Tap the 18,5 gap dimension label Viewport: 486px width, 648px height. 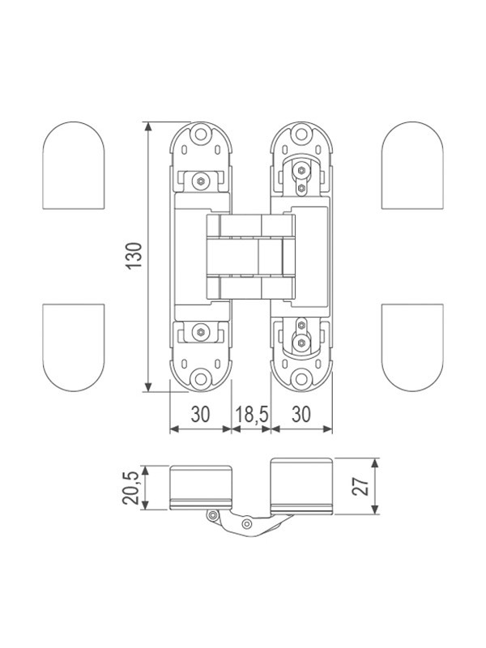pyautogui.click(x=252, y=414)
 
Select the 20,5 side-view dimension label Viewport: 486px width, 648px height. pyautogui.click(x=130, y=488)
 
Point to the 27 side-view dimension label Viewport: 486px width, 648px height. pyautogui.click(x=360, y=487)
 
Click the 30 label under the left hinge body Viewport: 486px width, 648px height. pyautogui.click(x=200, y=414)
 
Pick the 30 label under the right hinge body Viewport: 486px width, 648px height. pyautogui.click(x=301, y=414)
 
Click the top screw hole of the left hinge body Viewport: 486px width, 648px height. pyautogui.click(x=201, y=134)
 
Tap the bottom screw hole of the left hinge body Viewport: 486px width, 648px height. pyautogui.click(x=201, y=377)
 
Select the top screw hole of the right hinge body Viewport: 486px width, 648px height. pyautogui.click(x=301, y=134)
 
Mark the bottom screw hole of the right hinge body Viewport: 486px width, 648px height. pyautogui.click(x=301, y=378)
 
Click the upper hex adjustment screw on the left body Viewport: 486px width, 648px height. pyautogui.click(x=201, y=181)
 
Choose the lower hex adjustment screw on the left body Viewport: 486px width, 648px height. pyautogui.click(x=201, y=331)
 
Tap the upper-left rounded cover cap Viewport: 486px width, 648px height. pyautogui.click(x=74, y=165)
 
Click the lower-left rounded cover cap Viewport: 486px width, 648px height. pyautogui.click(x=74, y=347)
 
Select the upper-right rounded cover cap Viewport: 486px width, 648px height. pyautogui.click(x=412, y=165)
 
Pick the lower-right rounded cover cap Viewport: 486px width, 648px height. pyautogui.click(x=412, y=347)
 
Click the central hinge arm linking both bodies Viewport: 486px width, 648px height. pyautogui.click(x=250, y=257)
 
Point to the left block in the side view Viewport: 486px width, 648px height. pyautogui.click(x=200, y=488)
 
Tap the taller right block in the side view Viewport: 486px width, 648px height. pyautogui.click(x=301, y=486)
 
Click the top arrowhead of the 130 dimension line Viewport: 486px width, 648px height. pyautogui.click(x=147, y=126)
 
